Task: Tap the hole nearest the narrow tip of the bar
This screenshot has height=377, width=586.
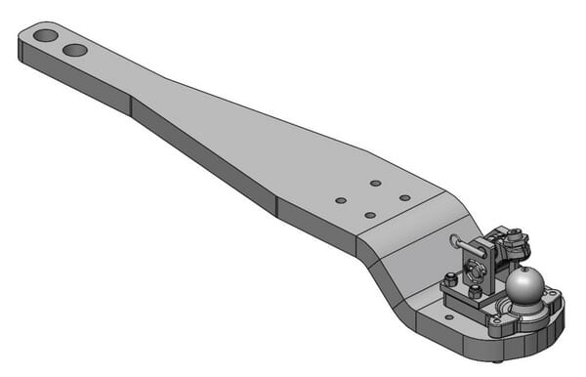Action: coord(45,36)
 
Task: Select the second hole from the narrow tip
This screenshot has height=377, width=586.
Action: coord(75,49)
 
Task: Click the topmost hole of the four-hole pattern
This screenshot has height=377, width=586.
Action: coord(375,183)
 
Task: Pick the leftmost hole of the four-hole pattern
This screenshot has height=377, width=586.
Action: coord(340,200)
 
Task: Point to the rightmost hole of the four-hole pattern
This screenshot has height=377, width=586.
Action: coord(404,197)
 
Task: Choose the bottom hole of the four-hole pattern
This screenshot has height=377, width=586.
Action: coord(370,215)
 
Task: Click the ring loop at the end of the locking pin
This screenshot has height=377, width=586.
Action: coord(455,240)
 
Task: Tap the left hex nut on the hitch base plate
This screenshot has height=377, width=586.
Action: coord(450,281)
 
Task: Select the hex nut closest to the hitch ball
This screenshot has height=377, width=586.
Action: coord(475,291)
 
